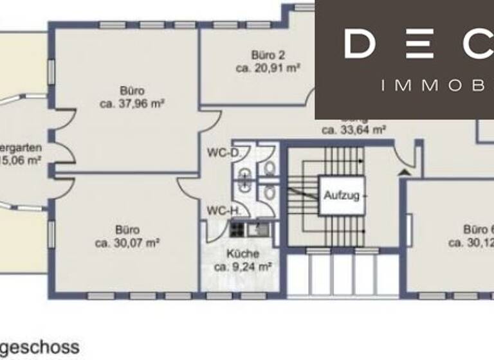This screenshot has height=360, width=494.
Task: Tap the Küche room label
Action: click(x=242, y=253)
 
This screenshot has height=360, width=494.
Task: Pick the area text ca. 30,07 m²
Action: click(x=127, y=243)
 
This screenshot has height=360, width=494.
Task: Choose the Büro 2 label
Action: click(x=266, y=55)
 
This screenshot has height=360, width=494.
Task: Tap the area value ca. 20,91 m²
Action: click(x=268, y=67)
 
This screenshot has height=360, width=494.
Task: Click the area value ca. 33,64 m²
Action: click(x=353, y=129)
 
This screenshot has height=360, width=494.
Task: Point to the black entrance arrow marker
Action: click(x=405, y=171)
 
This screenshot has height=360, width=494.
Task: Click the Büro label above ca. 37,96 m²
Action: click(x=132, y=91)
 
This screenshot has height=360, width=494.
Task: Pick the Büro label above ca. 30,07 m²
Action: click(x=127, y=230)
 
